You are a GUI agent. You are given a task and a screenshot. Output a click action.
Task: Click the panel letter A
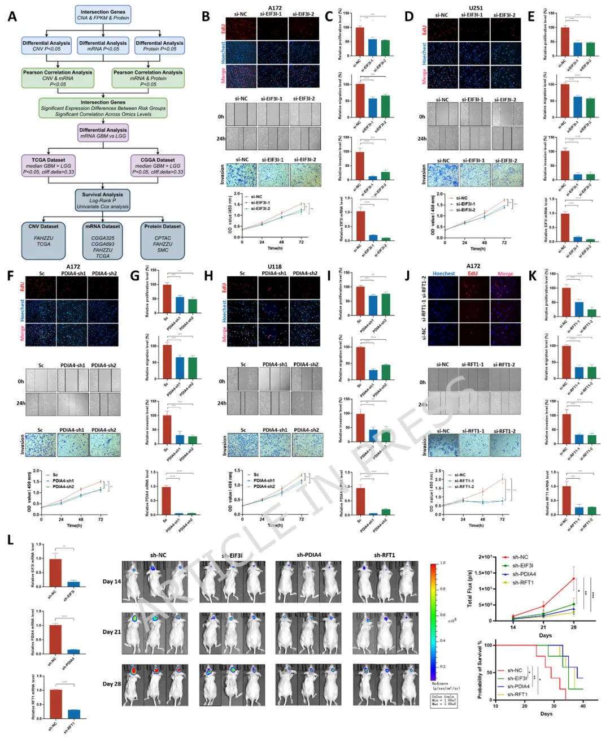(x=12, y=16)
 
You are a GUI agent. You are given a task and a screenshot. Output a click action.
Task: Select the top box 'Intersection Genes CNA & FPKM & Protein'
(x=103, y=15)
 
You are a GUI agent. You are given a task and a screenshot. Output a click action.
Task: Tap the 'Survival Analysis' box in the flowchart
(x=103, y=200)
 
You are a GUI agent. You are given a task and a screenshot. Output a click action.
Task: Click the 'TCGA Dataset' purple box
(x=48, y=166)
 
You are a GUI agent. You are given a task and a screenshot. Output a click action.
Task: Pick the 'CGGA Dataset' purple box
(x=158, y=166)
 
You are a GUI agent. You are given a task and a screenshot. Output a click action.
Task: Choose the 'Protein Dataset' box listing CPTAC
(x=163, y=240)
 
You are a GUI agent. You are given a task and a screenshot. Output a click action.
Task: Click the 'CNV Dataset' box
(x=43, y=240)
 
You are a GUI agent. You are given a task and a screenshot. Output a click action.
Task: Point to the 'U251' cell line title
(x=476, y=8)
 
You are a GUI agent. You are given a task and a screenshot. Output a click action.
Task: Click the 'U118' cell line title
(x=274, y=266)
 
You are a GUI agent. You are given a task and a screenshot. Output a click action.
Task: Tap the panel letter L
(x=11, y=540)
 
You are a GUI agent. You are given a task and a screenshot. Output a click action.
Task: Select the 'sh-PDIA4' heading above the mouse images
(x=308, y=554)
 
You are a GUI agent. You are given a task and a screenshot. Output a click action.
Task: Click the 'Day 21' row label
(x=111, y=632)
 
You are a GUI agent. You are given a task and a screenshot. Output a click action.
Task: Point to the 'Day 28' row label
(x=111, y=684)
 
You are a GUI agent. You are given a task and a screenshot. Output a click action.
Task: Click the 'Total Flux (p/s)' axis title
(x=470, y=588)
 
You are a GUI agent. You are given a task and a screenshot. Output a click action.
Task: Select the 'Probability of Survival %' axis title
(x=480, y=669)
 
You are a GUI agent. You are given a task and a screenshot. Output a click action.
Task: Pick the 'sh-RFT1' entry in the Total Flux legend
(x=522, y=582)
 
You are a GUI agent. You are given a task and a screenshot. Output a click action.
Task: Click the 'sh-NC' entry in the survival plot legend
(x=514, y=670)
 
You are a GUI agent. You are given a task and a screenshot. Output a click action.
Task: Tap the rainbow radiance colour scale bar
(x=433, y=619)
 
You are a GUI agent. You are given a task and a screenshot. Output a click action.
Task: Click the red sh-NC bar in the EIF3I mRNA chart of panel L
(x=55, y=572)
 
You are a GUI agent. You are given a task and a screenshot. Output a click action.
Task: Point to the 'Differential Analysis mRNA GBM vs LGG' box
(x=103, y=133)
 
